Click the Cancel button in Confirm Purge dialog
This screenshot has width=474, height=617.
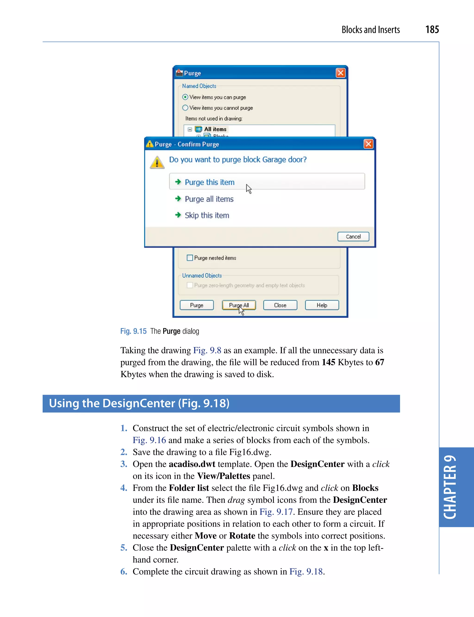tap(353, 237)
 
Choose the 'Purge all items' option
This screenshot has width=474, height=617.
tap(209, 199)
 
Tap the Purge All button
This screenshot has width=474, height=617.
tap(239, 305)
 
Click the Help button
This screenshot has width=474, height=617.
tap(322, 305)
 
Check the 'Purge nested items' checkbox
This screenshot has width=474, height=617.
tap(190, 258)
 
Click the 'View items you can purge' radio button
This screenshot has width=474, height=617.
tap(185, 97)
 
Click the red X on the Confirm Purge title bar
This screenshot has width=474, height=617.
tap(368, 144)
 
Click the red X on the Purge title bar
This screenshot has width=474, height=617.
tap(340, 73)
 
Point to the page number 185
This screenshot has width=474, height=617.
tap(432, 30)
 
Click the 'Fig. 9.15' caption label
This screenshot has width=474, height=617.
tap(133, 331)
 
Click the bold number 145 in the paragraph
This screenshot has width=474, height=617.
tap(328, 362)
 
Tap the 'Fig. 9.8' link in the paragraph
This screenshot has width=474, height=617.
tap(207, 350)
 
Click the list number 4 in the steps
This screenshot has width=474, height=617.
tap(124, 488)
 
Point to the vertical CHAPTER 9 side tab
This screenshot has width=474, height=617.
tap(450, 487)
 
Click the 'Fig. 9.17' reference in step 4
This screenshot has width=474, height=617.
tap(276, 512)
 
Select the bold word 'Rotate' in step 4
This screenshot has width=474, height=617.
tap(242, 536)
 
